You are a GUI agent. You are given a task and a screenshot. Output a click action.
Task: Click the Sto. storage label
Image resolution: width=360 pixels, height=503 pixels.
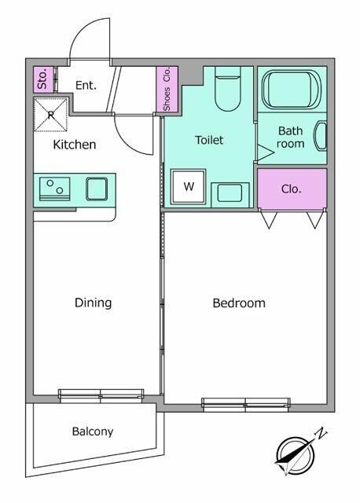(x=42, y=79)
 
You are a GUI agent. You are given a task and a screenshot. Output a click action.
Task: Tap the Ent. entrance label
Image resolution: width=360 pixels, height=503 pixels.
(x=86, y=86)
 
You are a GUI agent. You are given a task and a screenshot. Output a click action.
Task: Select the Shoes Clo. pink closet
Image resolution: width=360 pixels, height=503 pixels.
(x=167, y=90)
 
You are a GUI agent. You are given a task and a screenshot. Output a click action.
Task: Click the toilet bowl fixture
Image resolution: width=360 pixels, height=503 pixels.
(x=227, y=89)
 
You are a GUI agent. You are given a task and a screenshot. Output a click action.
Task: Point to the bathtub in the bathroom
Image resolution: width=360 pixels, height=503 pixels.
(x=292, y=90)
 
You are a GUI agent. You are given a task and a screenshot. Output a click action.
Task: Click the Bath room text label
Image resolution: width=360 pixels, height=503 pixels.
(x=290, y=137)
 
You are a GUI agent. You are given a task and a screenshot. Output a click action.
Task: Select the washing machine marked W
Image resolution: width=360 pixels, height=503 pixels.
(x=189, y=186)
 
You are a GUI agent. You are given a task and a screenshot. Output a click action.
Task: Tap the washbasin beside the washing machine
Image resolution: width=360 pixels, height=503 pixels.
(x=230, y=194)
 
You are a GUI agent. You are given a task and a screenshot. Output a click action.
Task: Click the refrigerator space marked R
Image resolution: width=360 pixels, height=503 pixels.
(x=50, y=115)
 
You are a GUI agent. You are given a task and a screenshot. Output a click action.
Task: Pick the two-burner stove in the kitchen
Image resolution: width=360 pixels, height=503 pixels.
(x=54, y=189)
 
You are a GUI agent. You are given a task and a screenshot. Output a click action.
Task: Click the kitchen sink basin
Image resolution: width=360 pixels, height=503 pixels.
(x=97, y=189)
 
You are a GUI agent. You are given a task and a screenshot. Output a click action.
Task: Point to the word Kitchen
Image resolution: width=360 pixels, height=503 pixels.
(x=75, y=145)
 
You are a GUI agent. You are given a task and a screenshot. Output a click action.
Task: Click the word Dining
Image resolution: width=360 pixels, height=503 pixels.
(x=93, y=303)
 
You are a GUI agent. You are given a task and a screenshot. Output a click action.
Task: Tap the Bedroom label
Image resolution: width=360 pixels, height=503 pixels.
(x=239, y=303)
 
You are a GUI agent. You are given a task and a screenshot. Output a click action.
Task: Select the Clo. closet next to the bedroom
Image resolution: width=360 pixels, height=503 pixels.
(x=292, y=189)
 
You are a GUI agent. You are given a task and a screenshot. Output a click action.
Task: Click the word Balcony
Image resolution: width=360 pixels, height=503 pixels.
(x=93, y=431)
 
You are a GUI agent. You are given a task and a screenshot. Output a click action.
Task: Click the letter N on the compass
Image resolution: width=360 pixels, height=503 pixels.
(x=321, y=433)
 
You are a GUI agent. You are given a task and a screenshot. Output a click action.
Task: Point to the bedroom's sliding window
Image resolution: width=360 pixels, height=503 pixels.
(x=246, y=404)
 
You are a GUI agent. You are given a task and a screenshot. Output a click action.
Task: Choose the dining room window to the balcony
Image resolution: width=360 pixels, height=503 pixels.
(x=101, y=395)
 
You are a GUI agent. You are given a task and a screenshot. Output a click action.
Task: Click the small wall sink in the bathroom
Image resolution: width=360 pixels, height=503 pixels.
(x=321, y=136)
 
